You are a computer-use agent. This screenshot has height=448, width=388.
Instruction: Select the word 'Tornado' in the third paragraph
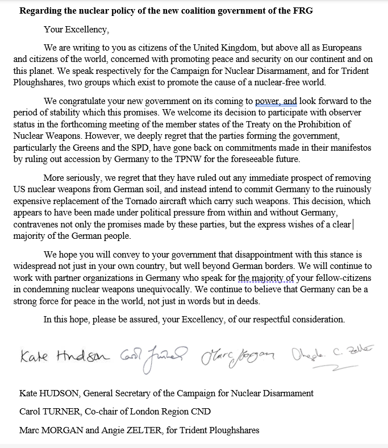(161, 201)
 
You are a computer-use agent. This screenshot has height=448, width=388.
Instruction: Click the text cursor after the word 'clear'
(353, 225)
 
